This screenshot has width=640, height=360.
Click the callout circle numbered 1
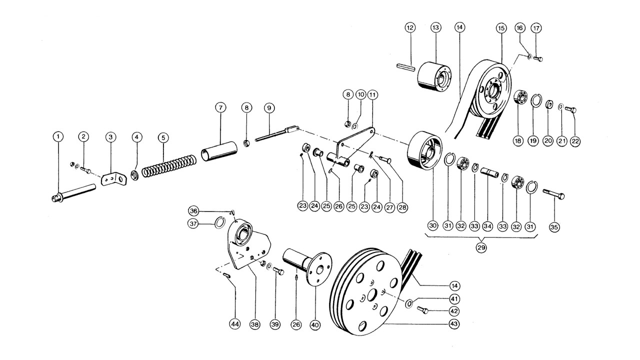58,136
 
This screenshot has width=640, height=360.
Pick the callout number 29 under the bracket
481,246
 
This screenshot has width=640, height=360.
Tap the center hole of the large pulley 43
372,295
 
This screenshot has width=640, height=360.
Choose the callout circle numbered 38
255,324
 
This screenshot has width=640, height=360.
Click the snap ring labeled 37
219,222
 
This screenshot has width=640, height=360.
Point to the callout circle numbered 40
315,324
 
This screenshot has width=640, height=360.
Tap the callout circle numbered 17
536,27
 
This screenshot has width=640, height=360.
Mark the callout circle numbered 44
234,324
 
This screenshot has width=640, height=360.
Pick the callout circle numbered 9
269,107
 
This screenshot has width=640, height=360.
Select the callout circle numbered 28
400,205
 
